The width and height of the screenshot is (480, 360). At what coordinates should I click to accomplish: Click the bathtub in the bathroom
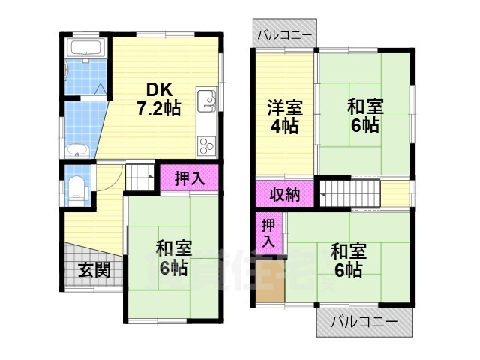[84, 51]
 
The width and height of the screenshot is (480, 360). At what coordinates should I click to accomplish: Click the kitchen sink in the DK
[208, 100]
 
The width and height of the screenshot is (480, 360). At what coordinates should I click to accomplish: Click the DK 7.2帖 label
[157, 97]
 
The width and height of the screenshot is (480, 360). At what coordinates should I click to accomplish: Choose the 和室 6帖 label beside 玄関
[173, 256]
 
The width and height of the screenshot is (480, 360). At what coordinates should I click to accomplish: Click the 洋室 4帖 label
[284, 115]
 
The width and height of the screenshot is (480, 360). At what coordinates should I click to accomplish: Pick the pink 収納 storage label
[285, 194]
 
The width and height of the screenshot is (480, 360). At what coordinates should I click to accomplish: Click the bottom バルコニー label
[364, 322]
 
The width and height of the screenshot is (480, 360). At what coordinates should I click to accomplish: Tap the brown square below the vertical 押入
[268, 281]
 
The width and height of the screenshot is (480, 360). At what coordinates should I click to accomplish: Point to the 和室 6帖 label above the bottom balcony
[347, 259]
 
